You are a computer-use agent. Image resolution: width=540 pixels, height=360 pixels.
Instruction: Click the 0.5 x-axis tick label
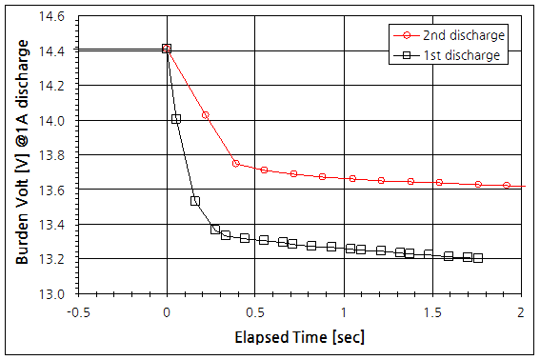(255, 311)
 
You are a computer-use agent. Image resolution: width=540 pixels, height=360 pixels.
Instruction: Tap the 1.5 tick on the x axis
(432, 311)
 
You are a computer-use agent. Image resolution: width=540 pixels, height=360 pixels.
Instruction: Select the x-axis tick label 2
(521, 311)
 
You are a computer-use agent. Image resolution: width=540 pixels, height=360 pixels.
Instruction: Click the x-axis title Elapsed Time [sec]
(299, 337)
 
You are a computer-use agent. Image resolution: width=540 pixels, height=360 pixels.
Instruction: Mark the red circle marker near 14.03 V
(206, 115)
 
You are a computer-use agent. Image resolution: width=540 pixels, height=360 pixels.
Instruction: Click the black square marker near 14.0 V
(176, 119)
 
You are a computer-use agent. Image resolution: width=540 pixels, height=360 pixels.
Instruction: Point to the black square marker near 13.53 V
(195, 201)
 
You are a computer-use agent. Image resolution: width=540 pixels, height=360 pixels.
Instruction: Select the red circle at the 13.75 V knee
(236, 164)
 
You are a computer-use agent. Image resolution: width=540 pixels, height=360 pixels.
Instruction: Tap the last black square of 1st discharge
(478, 258)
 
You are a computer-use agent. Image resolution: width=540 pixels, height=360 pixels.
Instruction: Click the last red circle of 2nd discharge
(507, 186)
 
